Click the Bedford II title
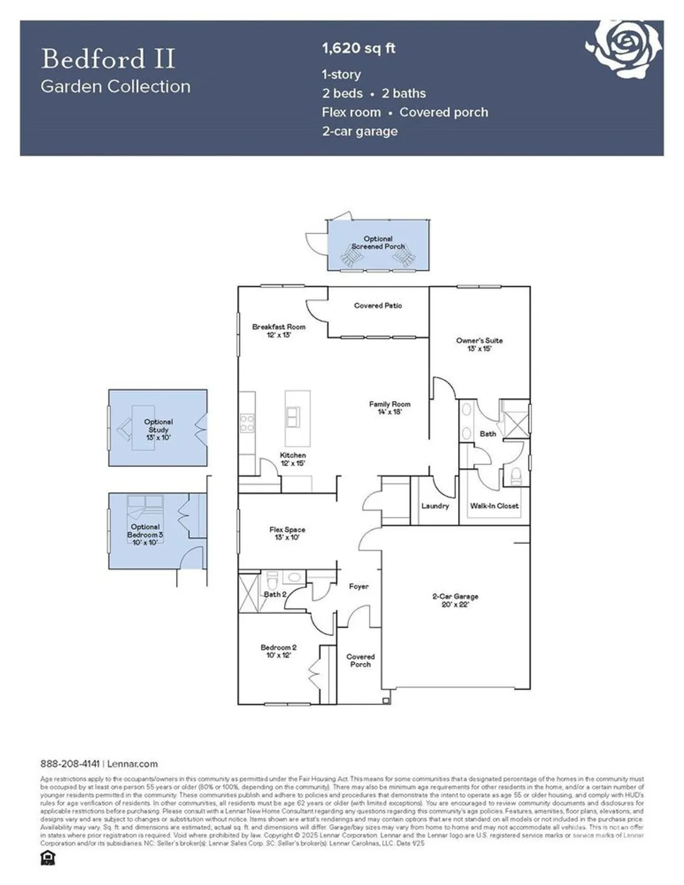coord(108,59)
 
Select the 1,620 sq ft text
coord(359,48)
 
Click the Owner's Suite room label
coord(479,345)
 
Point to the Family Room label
coord(389,408)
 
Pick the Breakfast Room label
coord(279,330)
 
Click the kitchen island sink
coord(292,417)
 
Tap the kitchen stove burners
coord(247,422)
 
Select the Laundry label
coord(435,506)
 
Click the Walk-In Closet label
coord(494,506)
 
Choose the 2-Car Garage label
coord(455,600)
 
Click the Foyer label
coord(359,586)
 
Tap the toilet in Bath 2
coord(272,577)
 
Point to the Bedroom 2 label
coord(278,651)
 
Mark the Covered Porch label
coord(360,660)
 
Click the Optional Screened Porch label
coord(378,242)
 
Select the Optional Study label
coord(158,430)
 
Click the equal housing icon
coord(48,858)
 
